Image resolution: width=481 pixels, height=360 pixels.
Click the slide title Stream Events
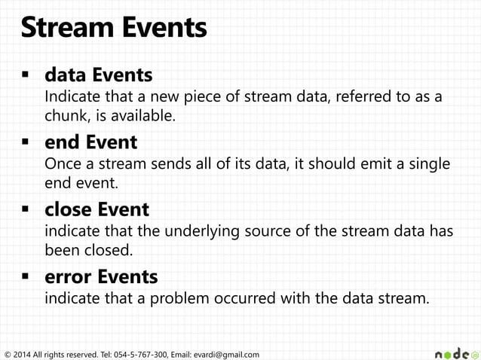click(x=113, y=29)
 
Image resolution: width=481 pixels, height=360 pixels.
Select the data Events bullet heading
click(x=98, y=75)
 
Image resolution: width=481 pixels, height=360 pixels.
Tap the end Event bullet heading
click(x=90, y=142)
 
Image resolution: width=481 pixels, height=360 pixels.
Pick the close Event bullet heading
click(x=97, y=209)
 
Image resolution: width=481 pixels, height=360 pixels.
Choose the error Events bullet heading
click(x=101, y=276)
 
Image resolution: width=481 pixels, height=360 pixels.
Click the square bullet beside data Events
click(x=25, y=75)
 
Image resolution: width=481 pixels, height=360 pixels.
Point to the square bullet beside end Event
click(x=25, y=142)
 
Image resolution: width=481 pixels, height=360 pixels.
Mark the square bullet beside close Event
click(x=25, y=209)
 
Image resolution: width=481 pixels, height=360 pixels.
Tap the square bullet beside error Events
click(x=25, y=276)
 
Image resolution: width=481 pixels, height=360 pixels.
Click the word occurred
click(x=235, y=298)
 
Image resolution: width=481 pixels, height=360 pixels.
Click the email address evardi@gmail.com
click(x=225, y=354)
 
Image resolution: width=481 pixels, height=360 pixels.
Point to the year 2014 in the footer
click(x=23, y=354)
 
